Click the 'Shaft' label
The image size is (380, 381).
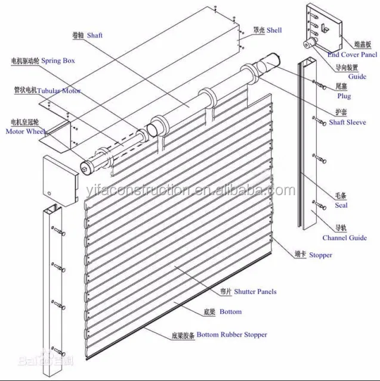pos(94,36)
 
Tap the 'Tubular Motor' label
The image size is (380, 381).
pos(59,91)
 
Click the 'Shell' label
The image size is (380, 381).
pos(274,30)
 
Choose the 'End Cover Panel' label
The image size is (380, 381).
pos(352,55)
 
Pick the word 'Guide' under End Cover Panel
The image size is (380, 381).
pos(357,77)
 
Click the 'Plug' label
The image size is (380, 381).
pos(344,96)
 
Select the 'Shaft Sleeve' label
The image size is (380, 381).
pos(348,122)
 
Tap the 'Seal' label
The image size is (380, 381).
pos(341,205)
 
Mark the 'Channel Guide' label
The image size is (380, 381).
pos(344,238)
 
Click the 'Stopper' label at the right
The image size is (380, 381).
pos(320,255)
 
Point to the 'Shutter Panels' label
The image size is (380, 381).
pos(255,292)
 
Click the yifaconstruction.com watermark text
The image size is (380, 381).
pos(203,190)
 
